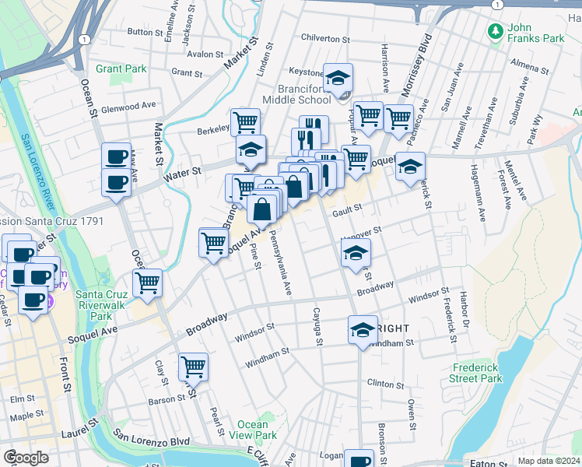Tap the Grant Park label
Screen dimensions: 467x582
[x=121, y=68]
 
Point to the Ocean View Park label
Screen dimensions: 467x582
[x=253, y=430]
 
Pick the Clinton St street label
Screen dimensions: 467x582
[x=386, y=384]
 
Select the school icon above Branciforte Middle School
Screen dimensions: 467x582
[x=338, y=78]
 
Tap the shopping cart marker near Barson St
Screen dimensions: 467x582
[x=192, y=367]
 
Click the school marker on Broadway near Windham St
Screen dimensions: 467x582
[x=362, y=330]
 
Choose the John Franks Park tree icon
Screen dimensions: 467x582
[x=493, y=31]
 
